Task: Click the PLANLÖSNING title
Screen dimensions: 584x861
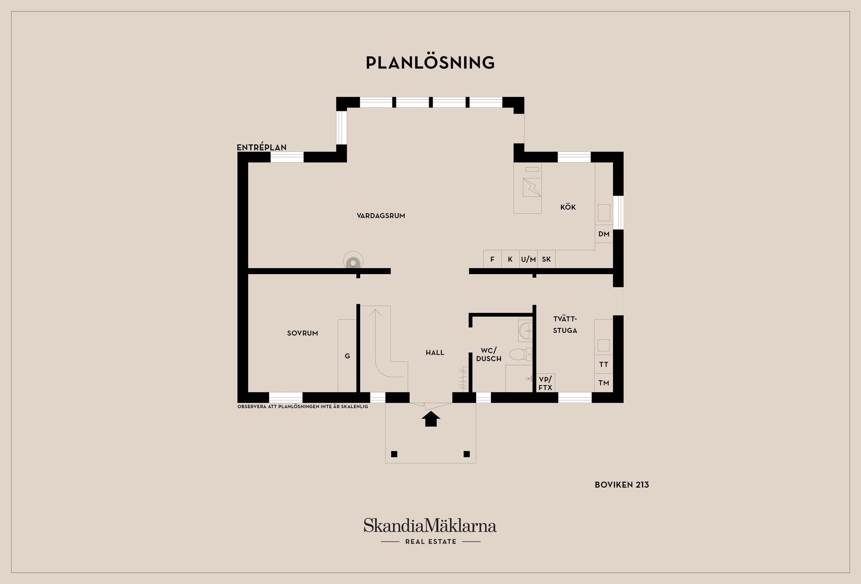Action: click(x=430, y=63)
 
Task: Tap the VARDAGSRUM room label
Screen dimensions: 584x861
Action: click(x=381, y=216)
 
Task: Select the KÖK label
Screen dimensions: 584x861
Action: click(x=568, y=207)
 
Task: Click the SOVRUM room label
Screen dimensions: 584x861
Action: click(x=302, y=333)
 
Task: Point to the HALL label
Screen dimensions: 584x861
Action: click(x=435, y=353)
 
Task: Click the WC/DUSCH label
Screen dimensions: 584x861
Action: click(x=488, y=354)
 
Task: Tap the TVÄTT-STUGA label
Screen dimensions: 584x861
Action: click(x=565, y=324)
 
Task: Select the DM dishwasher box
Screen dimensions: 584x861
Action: click(x=604, y=234)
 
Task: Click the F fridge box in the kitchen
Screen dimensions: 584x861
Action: click(x=492, y=259)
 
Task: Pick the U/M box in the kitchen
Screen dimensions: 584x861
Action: click(x=528, y=259)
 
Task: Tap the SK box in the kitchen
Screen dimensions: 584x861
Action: click(x=546, y=259)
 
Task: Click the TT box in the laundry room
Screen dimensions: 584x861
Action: click(x=604, y=364)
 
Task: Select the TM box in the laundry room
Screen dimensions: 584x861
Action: click(x=604, y=383)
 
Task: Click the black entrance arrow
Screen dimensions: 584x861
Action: click(x=430, y=419)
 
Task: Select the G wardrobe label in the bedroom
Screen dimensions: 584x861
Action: click(x=347, y=356)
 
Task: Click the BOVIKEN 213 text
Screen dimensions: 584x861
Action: click(x=622, y=484)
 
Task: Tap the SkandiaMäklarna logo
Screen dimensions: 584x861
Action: click(x=430, y=526)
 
